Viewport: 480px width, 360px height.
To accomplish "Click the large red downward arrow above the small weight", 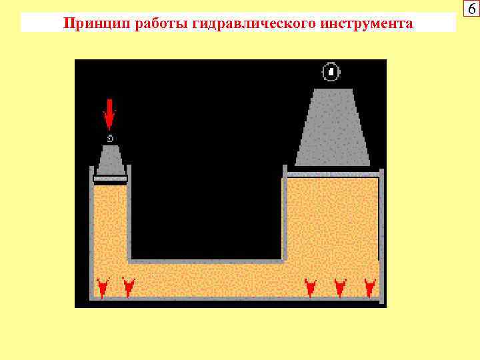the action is (109, 115).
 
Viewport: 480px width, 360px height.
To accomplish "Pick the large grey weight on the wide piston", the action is (333, 130).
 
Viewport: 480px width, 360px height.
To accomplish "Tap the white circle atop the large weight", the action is (331, 71).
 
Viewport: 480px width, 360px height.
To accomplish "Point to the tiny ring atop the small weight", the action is (110, 138).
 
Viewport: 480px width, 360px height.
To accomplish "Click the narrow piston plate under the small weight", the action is (110, 179).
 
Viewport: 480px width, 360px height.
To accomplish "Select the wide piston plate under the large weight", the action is (333, 174).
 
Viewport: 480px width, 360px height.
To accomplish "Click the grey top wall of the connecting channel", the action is (207, 261).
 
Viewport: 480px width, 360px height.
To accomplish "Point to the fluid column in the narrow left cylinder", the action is (110, 220).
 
